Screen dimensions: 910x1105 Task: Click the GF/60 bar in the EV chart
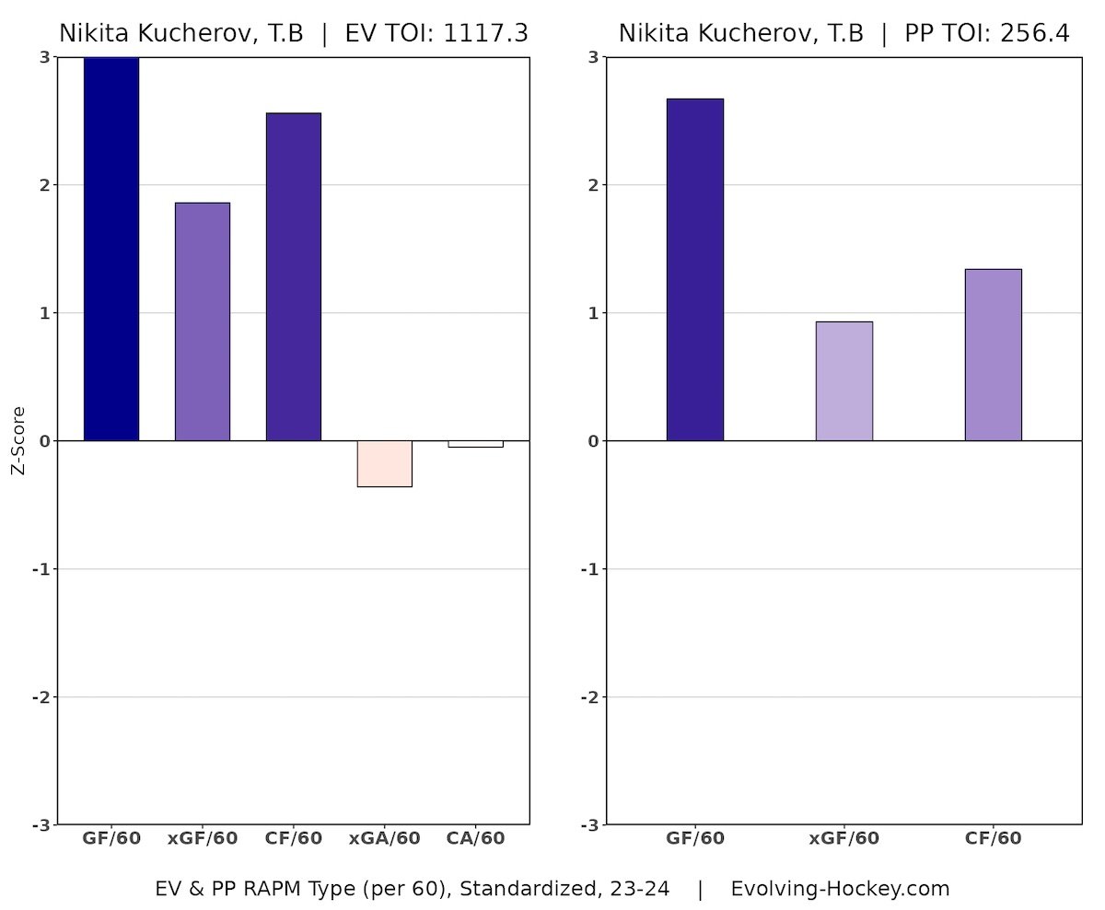tap(111, 249)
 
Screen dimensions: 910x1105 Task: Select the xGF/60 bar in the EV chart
tap(203, 321)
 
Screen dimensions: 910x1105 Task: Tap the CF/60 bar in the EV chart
tap(294, 276)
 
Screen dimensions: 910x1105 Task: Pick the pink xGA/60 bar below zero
tap(385, 463)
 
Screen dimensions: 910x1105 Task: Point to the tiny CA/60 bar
tap(475, 444)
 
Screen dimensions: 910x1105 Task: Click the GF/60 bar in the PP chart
tap(695, 269)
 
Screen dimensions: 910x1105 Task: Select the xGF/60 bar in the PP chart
tap(844, 380)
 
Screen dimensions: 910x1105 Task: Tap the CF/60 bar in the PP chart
tap(994, 355)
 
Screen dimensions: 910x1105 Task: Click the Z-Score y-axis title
tap(17, 441)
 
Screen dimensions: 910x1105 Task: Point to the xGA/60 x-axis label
tap(385, 839)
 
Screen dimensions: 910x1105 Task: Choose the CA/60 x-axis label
tap(475, 839)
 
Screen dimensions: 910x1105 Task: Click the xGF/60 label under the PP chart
tap(844, 839)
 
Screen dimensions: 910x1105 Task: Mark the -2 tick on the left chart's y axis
tap(41, 697)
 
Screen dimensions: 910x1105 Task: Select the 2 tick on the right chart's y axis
tap(593, 185)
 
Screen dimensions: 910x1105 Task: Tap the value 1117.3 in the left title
tap(487, 34)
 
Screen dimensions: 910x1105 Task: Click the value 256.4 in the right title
tap(1036, 34)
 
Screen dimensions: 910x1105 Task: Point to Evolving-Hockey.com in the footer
tap(840, 890)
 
